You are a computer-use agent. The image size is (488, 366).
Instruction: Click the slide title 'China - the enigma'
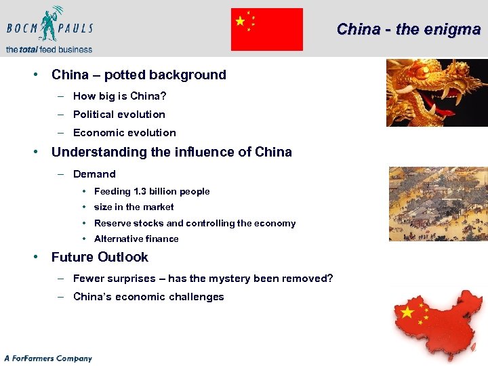[408, 29]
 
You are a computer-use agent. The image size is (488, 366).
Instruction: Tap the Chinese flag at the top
[266, 29]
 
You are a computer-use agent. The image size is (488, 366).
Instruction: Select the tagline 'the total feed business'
[49, 49]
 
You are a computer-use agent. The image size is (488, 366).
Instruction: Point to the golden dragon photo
[436, 92]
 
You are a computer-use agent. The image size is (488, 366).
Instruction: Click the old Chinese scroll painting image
[438, 203]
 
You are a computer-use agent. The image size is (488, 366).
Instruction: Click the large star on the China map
[407, 312]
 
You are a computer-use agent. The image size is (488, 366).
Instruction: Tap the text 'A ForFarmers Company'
[47, 358]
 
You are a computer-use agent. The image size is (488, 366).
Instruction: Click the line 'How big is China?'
[120, 96]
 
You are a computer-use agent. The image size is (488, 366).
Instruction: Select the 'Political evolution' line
[119, 115]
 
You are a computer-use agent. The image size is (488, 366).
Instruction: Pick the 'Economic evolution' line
[124, 133]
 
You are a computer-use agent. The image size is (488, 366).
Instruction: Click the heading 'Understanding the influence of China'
[171, 152]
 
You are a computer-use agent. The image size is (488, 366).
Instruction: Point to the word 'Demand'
[94, 174]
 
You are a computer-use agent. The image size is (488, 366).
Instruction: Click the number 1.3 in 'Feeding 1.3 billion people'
[142, 192]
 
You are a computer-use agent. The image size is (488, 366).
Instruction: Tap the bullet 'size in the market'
[134, 207]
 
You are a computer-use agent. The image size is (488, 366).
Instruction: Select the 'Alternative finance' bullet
[136, 239]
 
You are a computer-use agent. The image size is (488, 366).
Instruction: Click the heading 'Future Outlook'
[100, 257]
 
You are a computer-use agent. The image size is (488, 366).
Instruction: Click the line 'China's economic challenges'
[148, 297]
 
